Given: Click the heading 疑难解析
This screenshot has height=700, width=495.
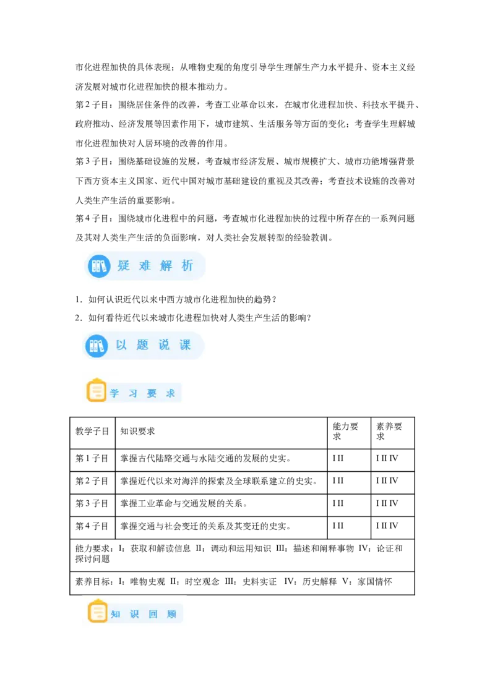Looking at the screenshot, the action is click(155, 266).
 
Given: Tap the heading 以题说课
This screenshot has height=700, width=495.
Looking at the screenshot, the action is click(153, 345).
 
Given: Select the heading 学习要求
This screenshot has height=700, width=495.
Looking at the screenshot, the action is click(142, 393).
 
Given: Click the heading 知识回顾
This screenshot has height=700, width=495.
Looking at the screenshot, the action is click(144, 614).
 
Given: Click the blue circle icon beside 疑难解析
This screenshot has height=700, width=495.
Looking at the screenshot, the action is click(98, 266).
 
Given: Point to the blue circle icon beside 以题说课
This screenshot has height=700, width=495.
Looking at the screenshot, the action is click(96, 346).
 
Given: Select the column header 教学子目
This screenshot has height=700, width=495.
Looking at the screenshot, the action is click(92, 431).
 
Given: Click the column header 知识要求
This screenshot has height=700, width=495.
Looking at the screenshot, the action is click(137, 431).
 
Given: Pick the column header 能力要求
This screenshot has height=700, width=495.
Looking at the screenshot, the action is click(345, 431).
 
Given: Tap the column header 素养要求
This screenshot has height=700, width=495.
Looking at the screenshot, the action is click(389, 431).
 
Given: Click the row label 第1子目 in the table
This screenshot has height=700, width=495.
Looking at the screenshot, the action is click(92, 458).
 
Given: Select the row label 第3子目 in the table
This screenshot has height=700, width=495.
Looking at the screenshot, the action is click(92, 503).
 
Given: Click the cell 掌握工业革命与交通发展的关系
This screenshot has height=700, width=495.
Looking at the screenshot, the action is click(184, 503).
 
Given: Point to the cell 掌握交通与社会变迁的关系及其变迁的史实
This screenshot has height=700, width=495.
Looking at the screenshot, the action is click(205, 526).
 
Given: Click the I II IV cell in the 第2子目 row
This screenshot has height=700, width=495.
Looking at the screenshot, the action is click(387, 481).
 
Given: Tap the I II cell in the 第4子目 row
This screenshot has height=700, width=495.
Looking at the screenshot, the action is click(338, 526).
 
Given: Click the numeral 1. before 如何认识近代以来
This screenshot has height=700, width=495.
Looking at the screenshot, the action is click(79, 299).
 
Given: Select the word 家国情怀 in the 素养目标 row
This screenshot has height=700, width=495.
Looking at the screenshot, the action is click(375, 582).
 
